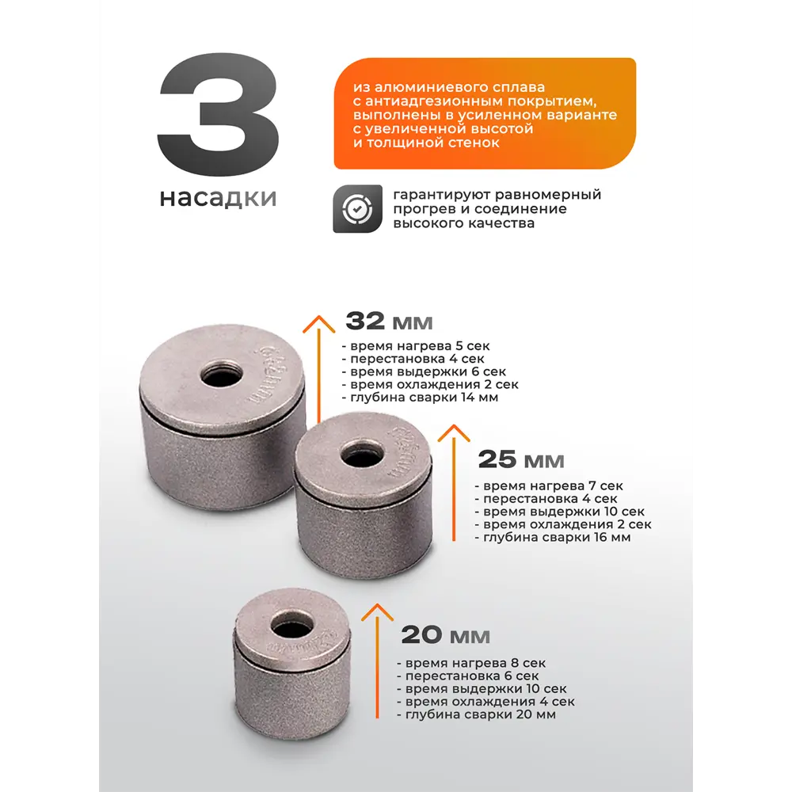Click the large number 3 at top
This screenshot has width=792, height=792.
(219, 115)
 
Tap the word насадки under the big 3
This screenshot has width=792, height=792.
(219, 198)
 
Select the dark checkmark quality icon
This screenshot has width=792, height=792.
(358, 208)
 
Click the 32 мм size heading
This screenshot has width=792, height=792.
(389, 322)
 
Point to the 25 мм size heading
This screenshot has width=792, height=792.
(521, 459)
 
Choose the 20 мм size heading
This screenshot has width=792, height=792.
(445, 635)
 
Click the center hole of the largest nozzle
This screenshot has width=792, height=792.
(223, 376)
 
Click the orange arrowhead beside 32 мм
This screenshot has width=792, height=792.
(318, 324)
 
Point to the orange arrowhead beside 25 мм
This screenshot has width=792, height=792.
(454, 433)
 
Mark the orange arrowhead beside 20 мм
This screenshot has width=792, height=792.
(377, 611)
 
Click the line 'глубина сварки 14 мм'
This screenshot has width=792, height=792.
(421, 398)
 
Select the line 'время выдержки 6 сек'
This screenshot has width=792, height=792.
(424, 371)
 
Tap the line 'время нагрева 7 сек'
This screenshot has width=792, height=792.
(549, 486)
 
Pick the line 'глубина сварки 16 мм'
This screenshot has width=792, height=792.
(553, 538)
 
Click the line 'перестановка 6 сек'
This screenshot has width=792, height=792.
(468, 676)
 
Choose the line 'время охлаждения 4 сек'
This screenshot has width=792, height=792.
(486, 702)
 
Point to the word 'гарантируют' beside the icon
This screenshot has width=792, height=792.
(440, 195)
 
